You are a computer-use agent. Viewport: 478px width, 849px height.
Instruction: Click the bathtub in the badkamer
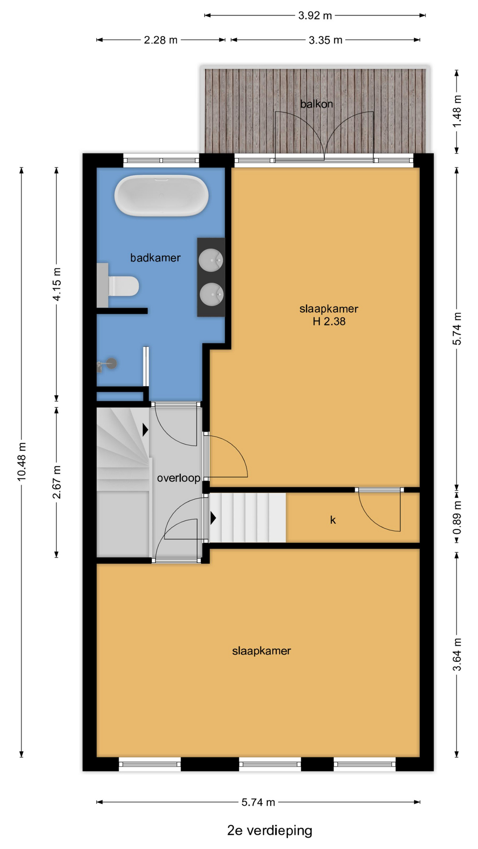161,195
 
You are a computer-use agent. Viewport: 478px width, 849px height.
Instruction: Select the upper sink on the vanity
211,260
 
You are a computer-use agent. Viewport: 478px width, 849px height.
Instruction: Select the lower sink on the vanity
211,294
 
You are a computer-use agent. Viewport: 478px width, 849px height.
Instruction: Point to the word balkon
316,104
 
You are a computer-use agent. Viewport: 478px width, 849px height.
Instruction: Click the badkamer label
155,258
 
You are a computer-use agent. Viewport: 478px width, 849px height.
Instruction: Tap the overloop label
179,478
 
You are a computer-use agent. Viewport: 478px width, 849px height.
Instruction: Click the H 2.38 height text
329,321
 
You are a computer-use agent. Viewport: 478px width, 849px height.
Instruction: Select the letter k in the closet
333,520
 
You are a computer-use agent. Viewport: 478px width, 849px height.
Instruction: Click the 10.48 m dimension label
22,461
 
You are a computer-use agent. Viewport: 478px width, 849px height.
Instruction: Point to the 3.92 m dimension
315,16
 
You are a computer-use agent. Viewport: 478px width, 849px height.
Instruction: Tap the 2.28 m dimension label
161,40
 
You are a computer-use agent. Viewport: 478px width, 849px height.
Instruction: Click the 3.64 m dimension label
457,654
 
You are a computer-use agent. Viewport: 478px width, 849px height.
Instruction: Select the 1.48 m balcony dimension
457,111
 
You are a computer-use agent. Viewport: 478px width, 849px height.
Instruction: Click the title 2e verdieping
270,830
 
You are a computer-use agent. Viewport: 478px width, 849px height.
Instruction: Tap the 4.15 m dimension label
57,284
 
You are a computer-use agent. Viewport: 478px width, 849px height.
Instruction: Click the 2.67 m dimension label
57,482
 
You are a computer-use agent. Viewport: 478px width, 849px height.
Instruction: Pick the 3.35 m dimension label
325,40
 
